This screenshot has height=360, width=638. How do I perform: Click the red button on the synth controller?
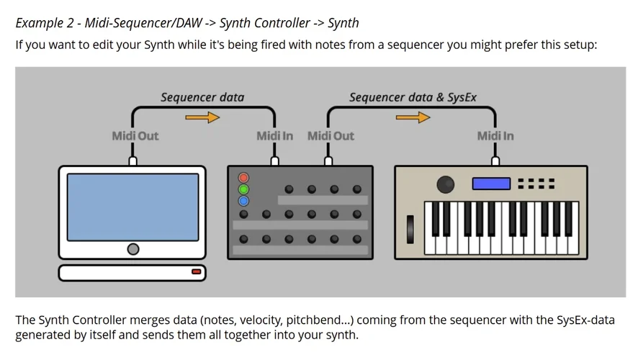click(x=243, y=177)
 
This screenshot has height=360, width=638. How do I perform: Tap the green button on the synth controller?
click(x=243, y=189)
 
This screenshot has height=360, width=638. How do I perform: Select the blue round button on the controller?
click(x=243, y=201)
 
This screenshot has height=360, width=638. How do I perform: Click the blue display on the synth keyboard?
click(x=490, y=184)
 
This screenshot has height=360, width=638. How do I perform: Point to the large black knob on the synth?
click(x=446, y=184)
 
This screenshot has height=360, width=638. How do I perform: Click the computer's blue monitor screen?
click(x=132, y=207)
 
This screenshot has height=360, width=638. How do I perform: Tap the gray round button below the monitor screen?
click(x=132, y=249)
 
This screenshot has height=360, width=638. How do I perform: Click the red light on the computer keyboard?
click(x=196, y=271)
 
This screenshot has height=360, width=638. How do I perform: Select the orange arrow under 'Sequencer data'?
click(x=202, y=117)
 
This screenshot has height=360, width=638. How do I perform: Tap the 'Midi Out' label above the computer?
click(x=135, y=135)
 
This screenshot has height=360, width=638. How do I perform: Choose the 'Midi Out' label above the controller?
click(x=331, y=135)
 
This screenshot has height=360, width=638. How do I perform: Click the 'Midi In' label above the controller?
click(x=274, y=135)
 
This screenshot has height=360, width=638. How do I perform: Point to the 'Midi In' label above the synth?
click(x=495, y=135)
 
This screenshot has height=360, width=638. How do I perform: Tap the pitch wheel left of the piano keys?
click(x=411, y=228)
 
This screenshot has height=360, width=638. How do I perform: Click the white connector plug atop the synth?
click(x=495, y=161)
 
